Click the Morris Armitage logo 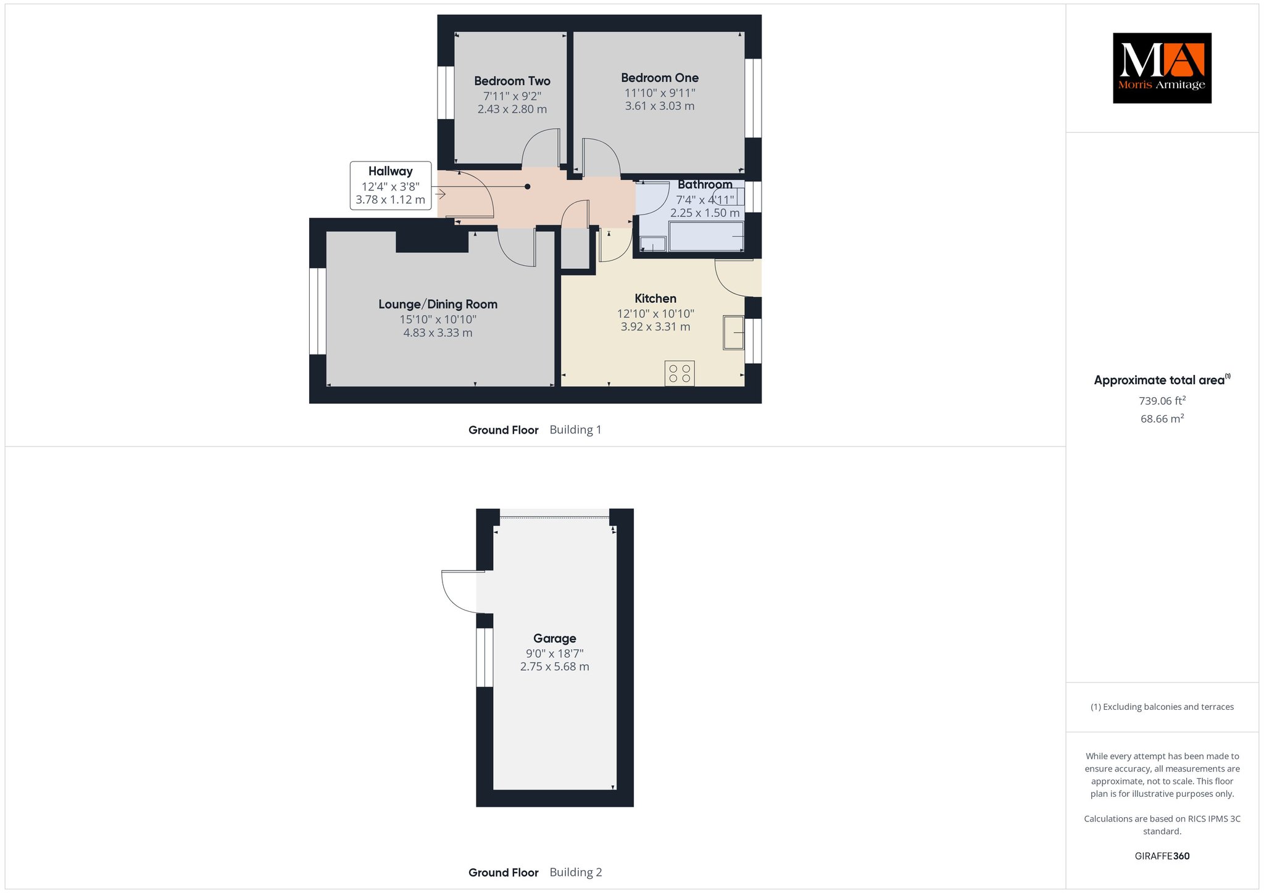click(x=1162, y=68)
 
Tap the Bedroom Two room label click(x=512, y=81)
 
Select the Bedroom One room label click(x=660, y=78)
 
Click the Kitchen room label click(x=655, y=298)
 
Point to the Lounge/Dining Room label click(x=438, y=304)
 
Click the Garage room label click(x=555, y=638)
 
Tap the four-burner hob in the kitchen click(x=680, y=373)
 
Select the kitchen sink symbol click(x=734, y=332)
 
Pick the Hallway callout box click(x=391, y=186)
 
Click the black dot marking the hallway click(x=527, y=186)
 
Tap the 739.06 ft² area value click(x=1162, y=401)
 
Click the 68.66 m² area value click(x=1162, y=419)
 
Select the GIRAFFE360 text click(x=1162, y=856)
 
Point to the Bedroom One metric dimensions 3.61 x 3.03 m click(x=660, y=106)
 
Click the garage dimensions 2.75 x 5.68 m click(x=555, y=667)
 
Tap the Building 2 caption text click(x=576, y=872)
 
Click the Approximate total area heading click(x=1162, y=380)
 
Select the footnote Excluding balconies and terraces click(x=1162, y=707)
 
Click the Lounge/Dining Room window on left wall click(x=317, y=311)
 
